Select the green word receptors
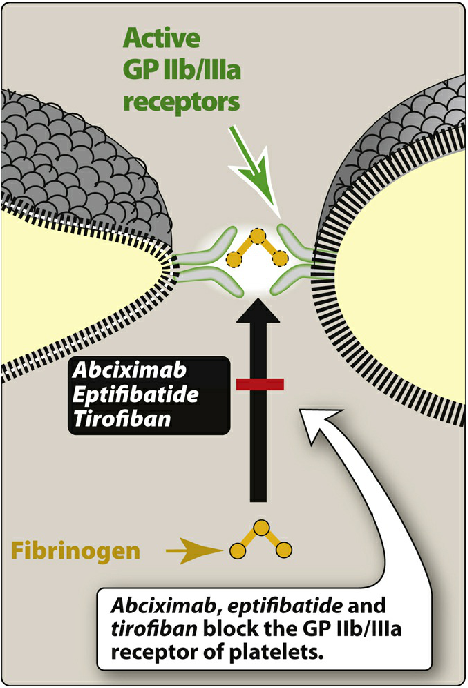pos(182,102)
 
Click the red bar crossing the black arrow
pos(260,384)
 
